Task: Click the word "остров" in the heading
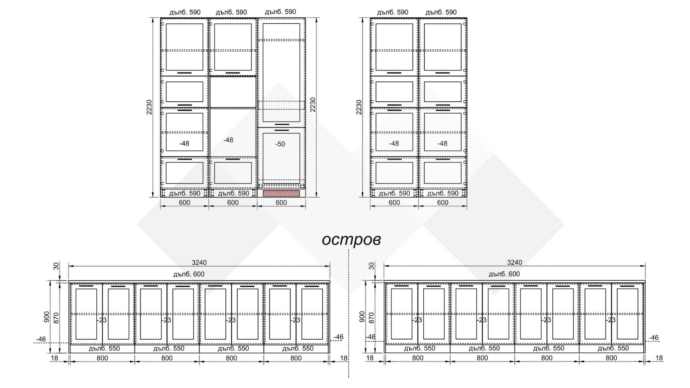(x=351, y=240)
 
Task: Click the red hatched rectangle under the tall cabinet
(x=281, y=193)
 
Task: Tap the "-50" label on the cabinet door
(x=280, y=144)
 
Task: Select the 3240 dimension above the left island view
(x=199, y=263)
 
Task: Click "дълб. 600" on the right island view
(x=504, y=274)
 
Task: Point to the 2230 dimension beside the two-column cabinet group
(x=359, y=107)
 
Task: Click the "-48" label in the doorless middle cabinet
(x=228, y=140)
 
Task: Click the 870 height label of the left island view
(x=56, y=318)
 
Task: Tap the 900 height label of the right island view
(x=362, y=317)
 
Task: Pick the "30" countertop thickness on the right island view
(x=372, y=266)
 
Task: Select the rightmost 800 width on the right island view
(x=611, y=358)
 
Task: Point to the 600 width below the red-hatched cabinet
(x=281, y=203)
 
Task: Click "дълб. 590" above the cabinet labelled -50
(x=280, y=12)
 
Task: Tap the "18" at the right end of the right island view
(x=659, y=358)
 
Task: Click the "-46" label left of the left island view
(x=41, y=339)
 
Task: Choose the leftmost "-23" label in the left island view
(x=102, y=320)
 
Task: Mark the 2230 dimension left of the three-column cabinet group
(x=149, y=107)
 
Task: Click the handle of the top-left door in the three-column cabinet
(x=184, y=73)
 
